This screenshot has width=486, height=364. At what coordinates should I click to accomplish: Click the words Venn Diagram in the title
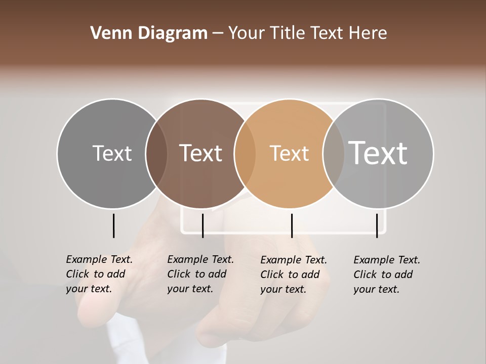coord(149,33)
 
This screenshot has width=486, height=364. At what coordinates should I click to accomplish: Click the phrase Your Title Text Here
coord(307,33)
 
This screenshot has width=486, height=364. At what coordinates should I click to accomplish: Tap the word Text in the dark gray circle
coord(112,153)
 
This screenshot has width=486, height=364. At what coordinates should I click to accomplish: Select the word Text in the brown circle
coord(201,153)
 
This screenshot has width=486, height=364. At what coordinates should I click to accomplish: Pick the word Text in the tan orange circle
coord(289,153)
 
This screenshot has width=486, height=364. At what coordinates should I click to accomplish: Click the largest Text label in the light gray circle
coord(378,153)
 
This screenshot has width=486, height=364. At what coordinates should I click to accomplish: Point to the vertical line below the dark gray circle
coord(113,225)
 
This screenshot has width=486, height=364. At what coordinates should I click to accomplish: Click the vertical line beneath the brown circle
coord(202,225)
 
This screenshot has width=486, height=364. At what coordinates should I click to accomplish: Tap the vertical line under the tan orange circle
coord(292,225)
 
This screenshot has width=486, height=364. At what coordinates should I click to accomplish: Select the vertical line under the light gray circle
coord(377,225)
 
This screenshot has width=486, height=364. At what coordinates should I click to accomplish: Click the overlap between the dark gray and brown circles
coord(156,153)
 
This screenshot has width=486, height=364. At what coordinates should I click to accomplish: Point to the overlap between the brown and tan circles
coord(245,153)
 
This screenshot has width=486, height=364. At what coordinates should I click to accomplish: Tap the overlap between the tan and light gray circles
coord(334,153)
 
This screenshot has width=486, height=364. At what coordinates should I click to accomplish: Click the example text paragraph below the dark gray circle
coord(99,274)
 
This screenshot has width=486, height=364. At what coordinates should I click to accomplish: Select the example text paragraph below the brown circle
coord(200,274)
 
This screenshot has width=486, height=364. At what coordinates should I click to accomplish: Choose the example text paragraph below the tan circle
coord(294,275)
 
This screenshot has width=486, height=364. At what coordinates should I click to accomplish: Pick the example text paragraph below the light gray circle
coord(387,275)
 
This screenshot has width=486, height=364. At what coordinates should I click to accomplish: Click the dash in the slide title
coord(218,33)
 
